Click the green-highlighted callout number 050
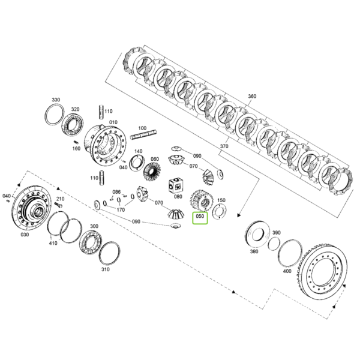tap(200, 216)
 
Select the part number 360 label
tap(252, 96)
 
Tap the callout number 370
tap(224, 146)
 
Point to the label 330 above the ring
tap(56, 100)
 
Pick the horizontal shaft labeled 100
tap(144, 135)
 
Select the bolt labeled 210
tap(59, 205)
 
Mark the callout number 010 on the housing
tap(113, 122)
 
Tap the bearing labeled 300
tap(91, 242)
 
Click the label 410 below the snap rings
tap(53, 243)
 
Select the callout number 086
tap(116, 192)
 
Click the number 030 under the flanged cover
tap(25, 235)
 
